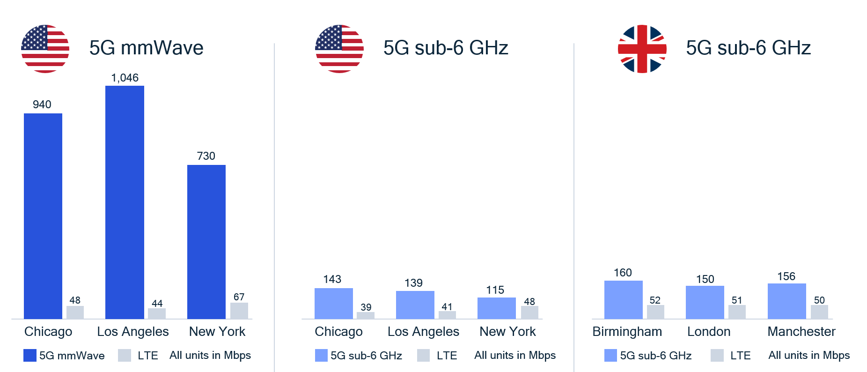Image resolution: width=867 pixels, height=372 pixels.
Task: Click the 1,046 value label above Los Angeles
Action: pos(125,78)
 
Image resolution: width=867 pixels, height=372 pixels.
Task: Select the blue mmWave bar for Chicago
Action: pos(43,216)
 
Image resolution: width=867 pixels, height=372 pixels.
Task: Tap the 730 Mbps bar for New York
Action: pos(206,241)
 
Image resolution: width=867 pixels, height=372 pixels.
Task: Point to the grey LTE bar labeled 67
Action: pos(239,311)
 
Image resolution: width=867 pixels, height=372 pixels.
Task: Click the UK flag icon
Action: pos(642,49)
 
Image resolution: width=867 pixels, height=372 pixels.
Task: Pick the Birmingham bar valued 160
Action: pos(623,299)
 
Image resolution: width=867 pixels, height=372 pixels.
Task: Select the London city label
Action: pos(708,332)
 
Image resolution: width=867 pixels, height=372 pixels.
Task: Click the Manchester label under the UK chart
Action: pos(801,332)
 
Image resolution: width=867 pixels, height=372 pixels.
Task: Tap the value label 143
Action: pos(332,279)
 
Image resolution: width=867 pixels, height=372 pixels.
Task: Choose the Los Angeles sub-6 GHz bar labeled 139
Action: pos(415,305)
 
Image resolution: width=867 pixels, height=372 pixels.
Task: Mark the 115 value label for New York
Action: pos(495,290)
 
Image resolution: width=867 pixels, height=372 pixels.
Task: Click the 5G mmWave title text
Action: pos(146,48)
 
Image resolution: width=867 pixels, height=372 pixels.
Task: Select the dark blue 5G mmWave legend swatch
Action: pos(30,356)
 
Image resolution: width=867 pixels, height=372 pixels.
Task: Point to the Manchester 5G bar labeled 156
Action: pos(786,301)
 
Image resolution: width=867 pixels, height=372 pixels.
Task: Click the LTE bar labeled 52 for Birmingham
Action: pos(655,312)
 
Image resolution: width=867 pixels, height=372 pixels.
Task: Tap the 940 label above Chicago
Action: pos(42,104)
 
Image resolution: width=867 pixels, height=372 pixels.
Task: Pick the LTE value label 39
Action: pos(366,307)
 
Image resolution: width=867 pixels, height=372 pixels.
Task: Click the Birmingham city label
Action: pos(627,332)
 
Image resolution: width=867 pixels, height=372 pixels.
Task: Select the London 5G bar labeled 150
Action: pos(705,302)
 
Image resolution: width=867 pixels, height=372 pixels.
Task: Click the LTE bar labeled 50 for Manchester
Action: pos(819,312)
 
